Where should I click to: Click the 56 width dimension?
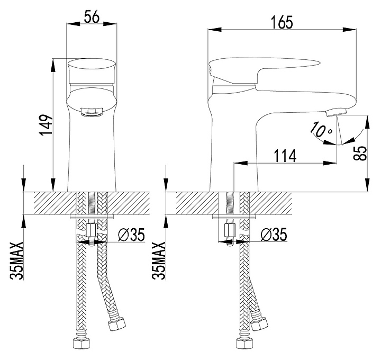pyautogui.click(x=92, y=17)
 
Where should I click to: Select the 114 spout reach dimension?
pyautogui.click(x=284, y=156)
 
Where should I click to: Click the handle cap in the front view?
pyautogui.click(x=92, y=69)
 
